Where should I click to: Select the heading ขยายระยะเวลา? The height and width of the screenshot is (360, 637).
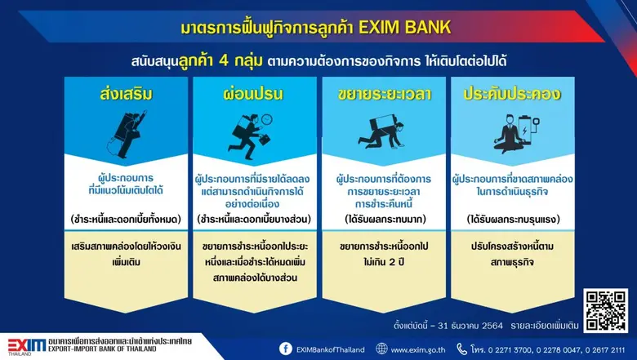pyautogui.click(x=384, y=94)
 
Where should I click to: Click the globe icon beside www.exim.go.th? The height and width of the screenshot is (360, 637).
pyautogui.click(x=382, y=349)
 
